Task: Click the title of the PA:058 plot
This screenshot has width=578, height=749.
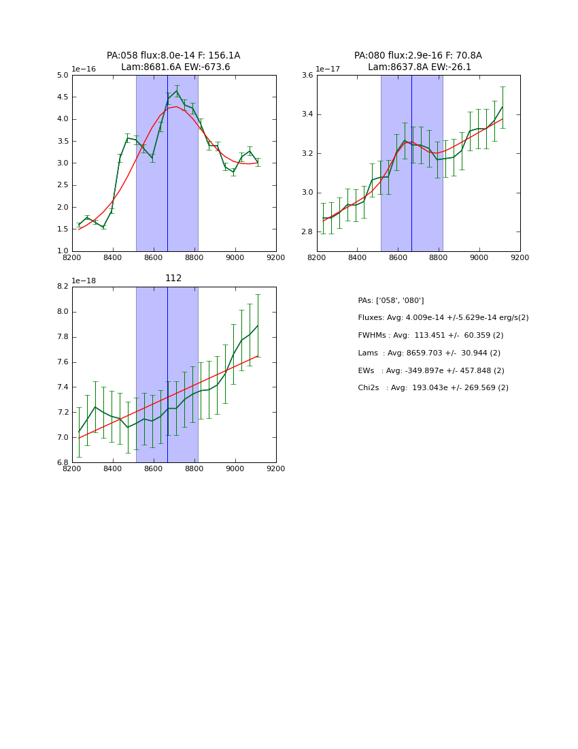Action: coord(173,61)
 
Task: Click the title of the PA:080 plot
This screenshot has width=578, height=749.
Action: coord(418,61)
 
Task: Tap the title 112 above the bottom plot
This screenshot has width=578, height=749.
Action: coord(173,278)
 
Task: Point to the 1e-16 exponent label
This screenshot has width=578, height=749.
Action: coord(84,69)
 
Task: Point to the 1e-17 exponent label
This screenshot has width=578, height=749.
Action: coord(328,69)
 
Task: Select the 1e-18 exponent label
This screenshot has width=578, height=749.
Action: coord(84,281)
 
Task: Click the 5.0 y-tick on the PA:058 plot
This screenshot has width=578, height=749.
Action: coord(63,76)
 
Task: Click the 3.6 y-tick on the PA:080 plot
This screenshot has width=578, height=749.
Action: coord(307,76)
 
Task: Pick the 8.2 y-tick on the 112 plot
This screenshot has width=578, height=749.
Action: coord(63,287)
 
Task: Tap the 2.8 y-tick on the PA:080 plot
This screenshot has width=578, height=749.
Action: coord(307,232)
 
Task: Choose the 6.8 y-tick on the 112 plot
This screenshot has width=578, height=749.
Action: coord(63,462)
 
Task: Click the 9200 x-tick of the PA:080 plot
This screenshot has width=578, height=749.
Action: coord(520,258)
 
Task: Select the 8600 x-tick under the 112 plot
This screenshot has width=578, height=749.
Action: coord(154,469)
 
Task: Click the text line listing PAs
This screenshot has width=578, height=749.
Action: coord(391,300)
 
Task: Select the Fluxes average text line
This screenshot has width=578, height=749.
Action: coord(443,318)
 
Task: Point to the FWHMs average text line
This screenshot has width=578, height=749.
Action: coord(430,335)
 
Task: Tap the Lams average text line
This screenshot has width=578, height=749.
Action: coord(429,353)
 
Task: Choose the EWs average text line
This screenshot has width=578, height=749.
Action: coord(431,370)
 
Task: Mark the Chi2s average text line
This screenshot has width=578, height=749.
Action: coord(433,388)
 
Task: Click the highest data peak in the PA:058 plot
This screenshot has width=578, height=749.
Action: coord(177,91)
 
